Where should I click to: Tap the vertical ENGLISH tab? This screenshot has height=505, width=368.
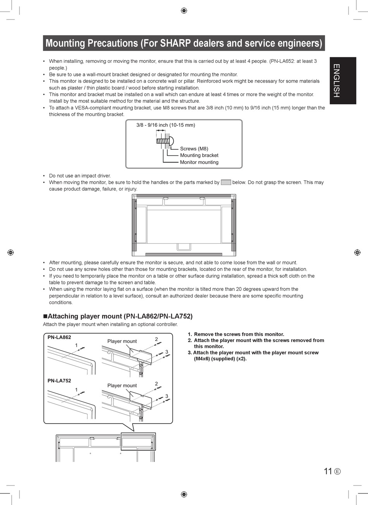coord(343,81)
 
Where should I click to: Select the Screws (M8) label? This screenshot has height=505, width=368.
coord(194,149)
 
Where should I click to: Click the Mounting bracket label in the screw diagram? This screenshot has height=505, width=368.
coord(199,155)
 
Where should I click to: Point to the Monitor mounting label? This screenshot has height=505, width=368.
coord(199,162)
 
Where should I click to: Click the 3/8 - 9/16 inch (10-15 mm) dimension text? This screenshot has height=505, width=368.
coord(165,125)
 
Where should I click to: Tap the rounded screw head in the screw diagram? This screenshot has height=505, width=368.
coord(171,141)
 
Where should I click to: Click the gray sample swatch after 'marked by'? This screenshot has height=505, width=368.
coord(226,182)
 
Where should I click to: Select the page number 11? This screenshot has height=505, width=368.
coord(328,471)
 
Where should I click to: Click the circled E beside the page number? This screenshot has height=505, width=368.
coord(337,471)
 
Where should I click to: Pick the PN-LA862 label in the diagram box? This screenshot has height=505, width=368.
coord(59,337)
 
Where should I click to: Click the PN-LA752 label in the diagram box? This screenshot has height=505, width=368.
coord(59,380)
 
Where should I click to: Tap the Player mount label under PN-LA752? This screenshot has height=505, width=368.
coord(122,386)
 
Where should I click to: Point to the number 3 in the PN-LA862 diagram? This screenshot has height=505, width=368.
coord(167,352)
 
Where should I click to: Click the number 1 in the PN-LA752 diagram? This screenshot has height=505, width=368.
coord(76,389)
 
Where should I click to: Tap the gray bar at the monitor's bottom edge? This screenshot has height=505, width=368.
coord(184,254)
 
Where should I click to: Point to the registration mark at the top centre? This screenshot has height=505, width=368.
coord(184,10)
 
